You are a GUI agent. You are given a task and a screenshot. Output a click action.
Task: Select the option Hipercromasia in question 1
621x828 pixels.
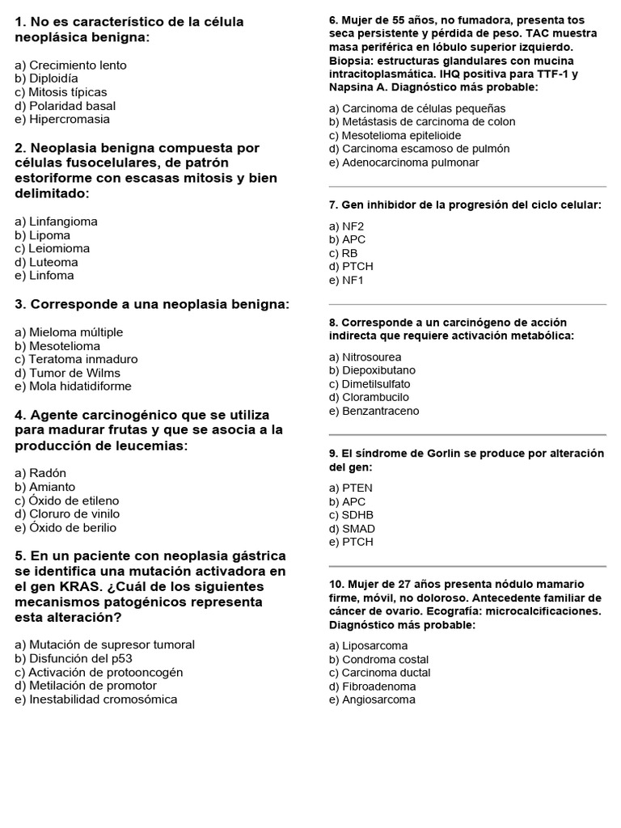pyautogui.click(x=62, y=120)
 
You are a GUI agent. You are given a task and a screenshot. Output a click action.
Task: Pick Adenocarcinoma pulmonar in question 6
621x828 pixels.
pyautogui.click(x=403, y=163)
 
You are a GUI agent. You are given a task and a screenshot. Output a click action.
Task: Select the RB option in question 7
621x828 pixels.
pyautogui.click(x=343, y=253)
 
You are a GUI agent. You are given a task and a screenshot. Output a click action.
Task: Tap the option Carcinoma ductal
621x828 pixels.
pyautogui.click(x=379, y=673)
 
